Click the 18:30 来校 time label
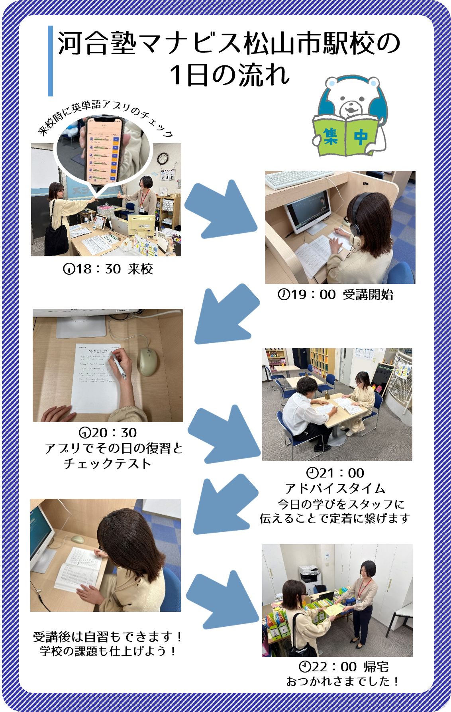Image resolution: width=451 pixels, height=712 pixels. pyautogui.click(x=108, y=269)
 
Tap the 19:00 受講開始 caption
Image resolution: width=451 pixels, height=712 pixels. pyautogui.click(x=335, y=295)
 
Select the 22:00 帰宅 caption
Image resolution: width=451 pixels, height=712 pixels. pyautogui.click(x=343, y=667)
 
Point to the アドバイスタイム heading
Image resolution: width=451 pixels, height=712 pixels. pyautogui.click(x=335, y=488)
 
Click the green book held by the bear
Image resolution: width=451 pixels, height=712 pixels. pyautogui.click(x=345, y=136)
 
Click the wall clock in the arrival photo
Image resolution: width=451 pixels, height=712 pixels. pyautogui.click(x=163, y=159)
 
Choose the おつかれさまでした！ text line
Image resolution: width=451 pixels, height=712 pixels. pyautogui.click(x=342, y=681)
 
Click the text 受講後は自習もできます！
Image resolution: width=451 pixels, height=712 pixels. pyautogui.click(x=107, y=637)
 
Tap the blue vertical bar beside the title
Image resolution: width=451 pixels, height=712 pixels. pyautogui.click(x=50, y=61)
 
